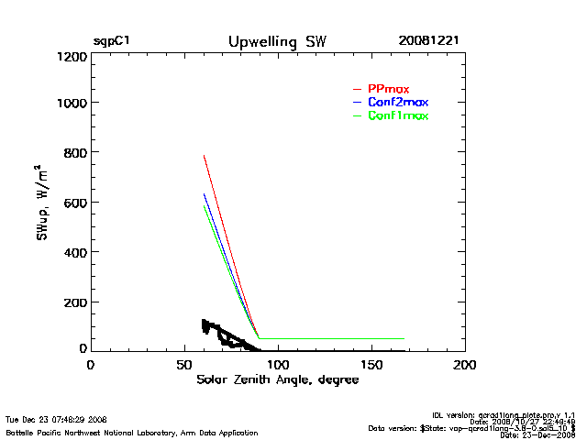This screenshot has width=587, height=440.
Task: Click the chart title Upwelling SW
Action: [276, 42]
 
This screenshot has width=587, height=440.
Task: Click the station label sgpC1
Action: [110, 42]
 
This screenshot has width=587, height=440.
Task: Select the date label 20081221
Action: [428, 42]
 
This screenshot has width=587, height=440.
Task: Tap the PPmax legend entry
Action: [388, 88]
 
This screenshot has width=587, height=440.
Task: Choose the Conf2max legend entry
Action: [397, 102]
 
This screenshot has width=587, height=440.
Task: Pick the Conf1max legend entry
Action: [397, 116]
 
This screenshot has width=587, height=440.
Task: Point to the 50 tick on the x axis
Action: [183, 365]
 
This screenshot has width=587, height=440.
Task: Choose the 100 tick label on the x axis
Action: [278, 365]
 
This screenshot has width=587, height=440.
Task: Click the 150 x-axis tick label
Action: [371, 365]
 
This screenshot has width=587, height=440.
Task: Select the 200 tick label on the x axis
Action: [465, 365]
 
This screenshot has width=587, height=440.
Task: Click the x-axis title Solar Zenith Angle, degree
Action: [277, 379]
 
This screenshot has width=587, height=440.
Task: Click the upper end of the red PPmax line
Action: [204, 156]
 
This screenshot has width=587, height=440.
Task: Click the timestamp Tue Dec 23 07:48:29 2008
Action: [56, 420]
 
